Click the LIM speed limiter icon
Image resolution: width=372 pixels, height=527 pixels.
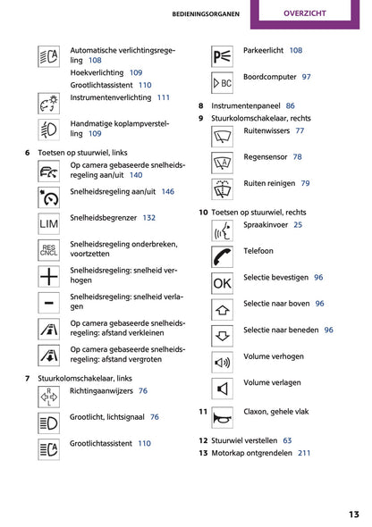pyautogui.click(x=49, y=224)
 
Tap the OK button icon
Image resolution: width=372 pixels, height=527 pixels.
pyautogui.click(x=222, y=283)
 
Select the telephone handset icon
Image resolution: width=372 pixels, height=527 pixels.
pyautogui.click(x=222, y=257)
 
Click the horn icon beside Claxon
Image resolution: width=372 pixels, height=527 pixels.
pyautogui.click(x=222, y=418)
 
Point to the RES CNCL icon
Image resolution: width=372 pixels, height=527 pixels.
pyautogui.click(x=49, y=250)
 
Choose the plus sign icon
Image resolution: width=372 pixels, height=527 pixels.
pyautogui.click(x=49, y=277)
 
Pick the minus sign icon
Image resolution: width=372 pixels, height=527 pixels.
pyautogui.click(x=49, y=303)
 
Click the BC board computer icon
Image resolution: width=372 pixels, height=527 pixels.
pyautogui.click(x=222, y=83)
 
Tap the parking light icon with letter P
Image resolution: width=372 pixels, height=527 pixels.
pyautogui.click(x=222, y=56)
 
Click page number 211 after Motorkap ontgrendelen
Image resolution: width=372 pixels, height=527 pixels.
pyautogui.click(x=304, y=453)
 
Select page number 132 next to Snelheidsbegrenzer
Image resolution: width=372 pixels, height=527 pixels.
pyautogui.click(x=149, y=218)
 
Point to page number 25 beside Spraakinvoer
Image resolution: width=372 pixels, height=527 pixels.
pyautogui.click(x=298, y=225)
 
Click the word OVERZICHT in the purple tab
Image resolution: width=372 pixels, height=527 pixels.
pyautogui.click(x=305, y=13)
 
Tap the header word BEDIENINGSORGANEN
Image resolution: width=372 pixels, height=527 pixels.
pyautogui.click(x=206, y=14)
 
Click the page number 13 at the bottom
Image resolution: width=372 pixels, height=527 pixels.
pyautogui.click(x=354, y=514)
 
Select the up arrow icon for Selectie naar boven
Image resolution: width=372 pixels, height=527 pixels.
pyautogui.click(x=222, y=310)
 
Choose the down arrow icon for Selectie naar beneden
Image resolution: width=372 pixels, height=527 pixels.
pyautogui.click(x=222, y=336)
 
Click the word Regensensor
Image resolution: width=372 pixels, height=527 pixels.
pyautogui.click(x=266, y=157)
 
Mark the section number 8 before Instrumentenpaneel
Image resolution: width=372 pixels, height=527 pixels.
pyautogui.click(x=201, y=106)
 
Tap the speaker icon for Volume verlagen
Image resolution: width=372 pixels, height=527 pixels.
pyautogui.click(x=222, y=389)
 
